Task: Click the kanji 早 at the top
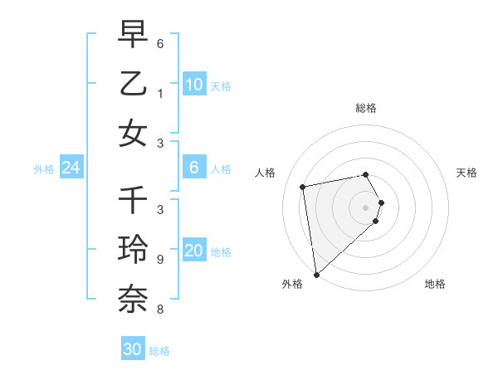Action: [134, 36]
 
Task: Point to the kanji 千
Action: [134, 200]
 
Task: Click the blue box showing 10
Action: [193, 84]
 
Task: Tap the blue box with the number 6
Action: [193, 168]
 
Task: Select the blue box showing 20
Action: [193, 251]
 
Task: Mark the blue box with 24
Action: [71, 168]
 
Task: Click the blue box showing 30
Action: [133, 349]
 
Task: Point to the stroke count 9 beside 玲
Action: [159, 260]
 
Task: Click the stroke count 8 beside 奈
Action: [159, 310]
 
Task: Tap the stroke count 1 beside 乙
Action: [159, 94]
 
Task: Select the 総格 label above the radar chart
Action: [366, 108]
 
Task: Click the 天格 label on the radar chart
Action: [466, 173]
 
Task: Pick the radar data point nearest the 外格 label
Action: [316, 274]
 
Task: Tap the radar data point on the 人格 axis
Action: [303, 187]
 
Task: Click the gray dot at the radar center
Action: [366, 207]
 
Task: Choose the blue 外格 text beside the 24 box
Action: [44, 168]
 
